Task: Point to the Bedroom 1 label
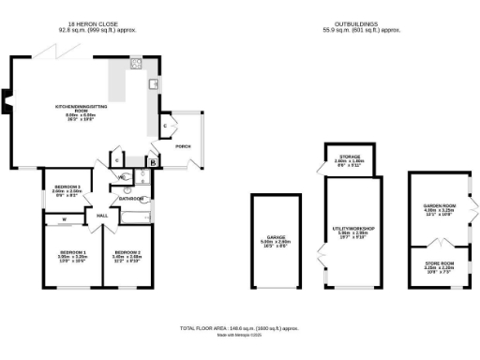[x=73, y=252]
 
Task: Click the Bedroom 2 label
[x=127, y=252]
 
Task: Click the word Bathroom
[x=130, y=198]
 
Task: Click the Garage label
[x=276, y=241]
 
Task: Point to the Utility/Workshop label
[x=350, y=228]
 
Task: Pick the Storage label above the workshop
[x=349, y=158]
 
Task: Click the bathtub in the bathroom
[x=134, y=216]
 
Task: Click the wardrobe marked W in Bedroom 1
[x=65, y=221]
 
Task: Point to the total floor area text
[x=239, y=328]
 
